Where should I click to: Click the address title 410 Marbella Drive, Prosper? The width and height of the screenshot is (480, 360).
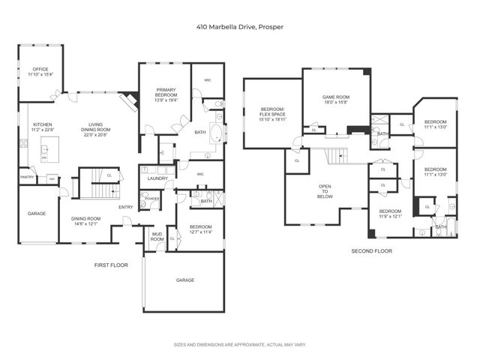click(x=240, y=28)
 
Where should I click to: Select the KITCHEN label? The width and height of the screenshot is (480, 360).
click(x=41, y=124)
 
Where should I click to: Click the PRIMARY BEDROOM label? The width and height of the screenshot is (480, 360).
click(x=166, y=92)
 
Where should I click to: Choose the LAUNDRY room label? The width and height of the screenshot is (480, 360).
click(x=157, y=178)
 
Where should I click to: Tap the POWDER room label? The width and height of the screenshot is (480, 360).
click(x=154, y=199)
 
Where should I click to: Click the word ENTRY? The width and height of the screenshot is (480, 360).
click(x=126, y=207)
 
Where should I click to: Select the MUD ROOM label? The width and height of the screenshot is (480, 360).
click(x=157, y=237)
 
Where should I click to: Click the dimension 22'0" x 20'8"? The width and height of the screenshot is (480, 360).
click(x=96, y=135)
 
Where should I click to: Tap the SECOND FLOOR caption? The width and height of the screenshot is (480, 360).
click(x=371, y=251)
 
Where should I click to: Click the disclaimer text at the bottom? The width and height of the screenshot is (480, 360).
click(x=240, y=345)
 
